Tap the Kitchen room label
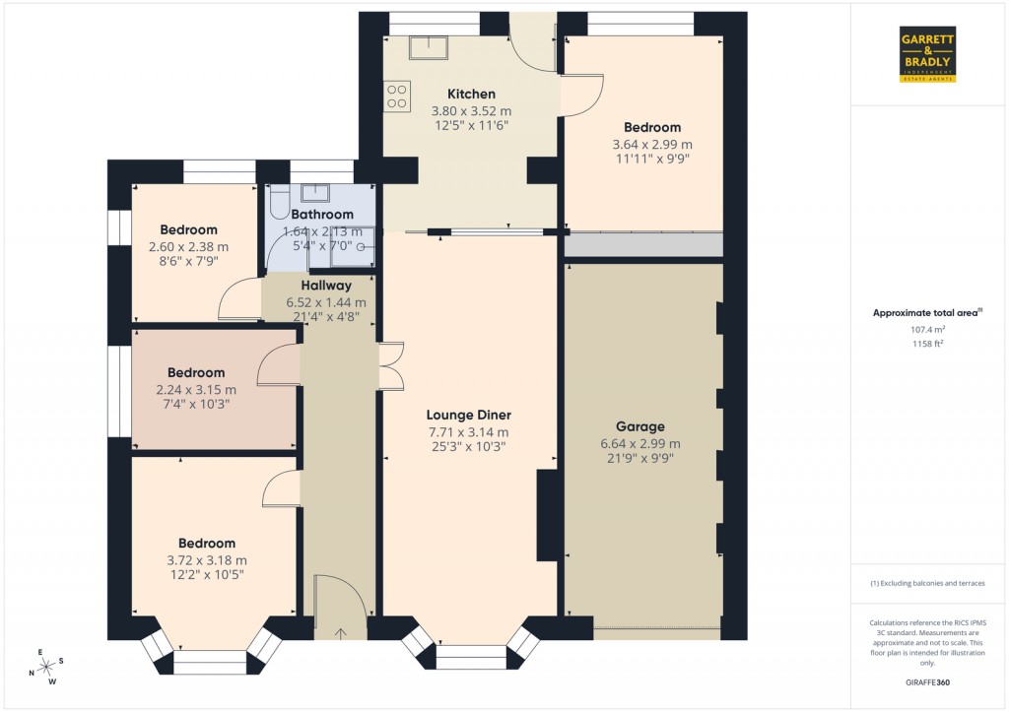(471, 95)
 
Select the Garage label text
(640, 426)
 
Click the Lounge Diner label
(469, 415)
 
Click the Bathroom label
(321, 215)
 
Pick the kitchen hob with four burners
(397, 96)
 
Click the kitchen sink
(430, 47)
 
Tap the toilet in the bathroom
(277, 204)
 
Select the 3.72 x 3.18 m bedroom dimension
(207, 560)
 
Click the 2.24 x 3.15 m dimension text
(195, 390)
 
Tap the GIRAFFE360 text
(926, 682)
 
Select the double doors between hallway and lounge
(389, 365)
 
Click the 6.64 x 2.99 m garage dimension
(640, 443)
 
